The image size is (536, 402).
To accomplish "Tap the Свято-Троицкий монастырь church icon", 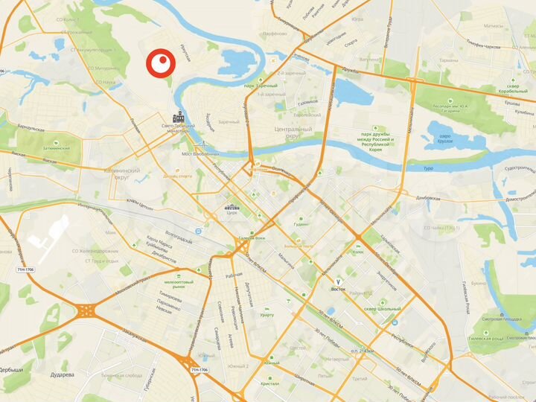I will (179, 117).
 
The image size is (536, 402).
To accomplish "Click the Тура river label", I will (428, 169).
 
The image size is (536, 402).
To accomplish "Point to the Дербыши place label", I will (11, 371).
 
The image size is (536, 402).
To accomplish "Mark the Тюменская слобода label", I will (122, 377).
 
